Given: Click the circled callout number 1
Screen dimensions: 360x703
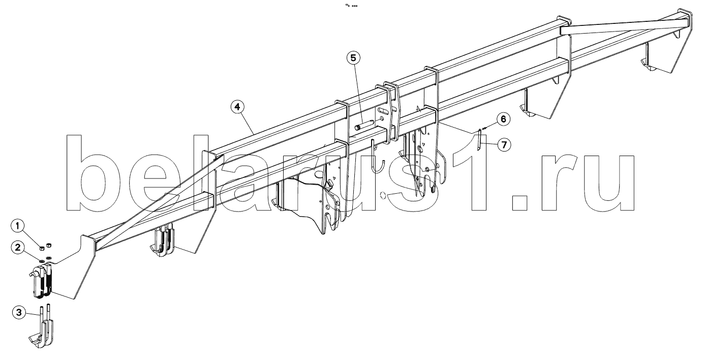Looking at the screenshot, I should (x=18, y=225).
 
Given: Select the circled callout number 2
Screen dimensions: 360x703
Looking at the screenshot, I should (x=18, y=248).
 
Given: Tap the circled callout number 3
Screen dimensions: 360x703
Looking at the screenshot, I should (x=18, y=313).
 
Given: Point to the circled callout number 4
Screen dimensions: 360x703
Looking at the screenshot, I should (x=237, y=107).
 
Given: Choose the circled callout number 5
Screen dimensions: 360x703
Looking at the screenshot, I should (x=354, y=57).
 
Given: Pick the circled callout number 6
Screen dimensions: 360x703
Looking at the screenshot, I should (x=502, y=119).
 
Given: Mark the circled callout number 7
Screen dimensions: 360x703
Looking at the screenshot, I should (x=503, y=145).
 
